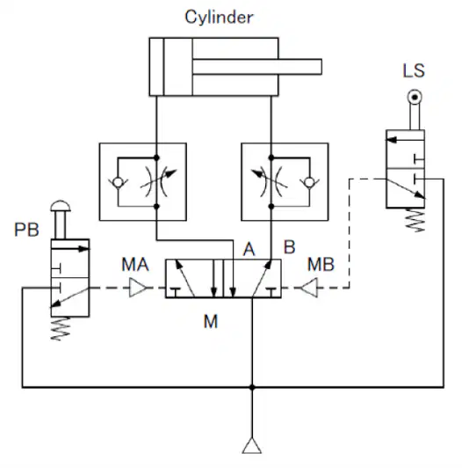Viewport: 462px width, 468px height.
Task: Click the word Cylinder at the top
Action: (x=219, y=18)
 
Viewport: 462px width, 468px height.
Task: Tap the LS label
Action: (x=414, y=70)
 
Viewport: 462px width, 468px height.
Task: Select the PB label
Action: (x=26, y=230)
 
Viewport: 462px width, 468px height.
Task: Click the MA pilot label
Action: (x=135, y=264)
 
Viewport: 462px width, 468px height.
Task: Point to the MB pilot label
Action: (x=321, y=264)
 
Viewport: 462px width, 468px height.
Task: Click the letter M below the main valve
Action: (x=211, y=321)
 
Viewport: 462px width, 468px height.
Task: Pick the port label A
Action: (x=249, y=249)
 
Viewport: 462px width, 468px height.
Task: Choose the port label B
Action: (x=290, y=247)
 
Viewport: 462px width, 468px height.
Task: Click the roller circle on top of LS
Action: (x=415, y=98)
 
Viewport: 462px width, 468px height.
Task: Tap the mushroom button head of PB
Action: (x=61, y=206)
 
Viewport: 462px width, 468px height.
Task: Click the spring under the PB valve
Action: (x=61, y=328)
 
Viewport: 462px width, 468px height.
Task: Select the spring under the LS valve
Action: (x=415, y=220)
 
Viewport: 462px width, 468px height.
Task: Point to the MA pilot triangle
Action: (x=137, y=288)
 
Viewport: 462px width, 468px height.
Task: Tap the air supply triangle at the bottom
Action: (x=252, y=446)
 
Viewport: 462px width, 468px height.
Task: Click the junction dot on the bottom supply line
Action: (x=252, y=387)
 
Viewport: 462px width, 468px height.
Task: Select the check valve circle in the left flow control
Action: (x=118, y=182)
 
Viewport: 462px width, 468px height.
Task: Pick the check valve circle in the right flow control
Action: (x=310, y=182)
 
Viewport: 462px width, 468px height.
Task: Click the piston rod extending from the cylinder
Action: (x=257, y=67)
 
